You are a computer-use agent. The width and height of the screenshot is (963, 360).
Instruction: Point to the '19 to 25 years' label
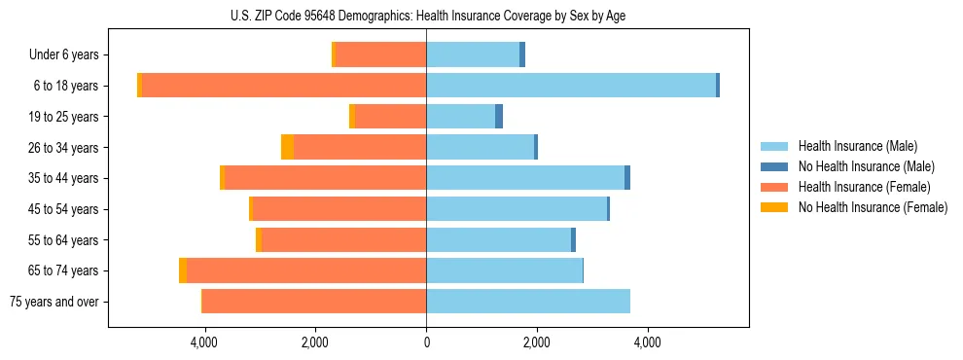pos(64,117)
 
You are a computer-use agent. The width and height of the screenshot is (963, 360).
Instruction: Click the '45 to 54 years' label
pos(64,209)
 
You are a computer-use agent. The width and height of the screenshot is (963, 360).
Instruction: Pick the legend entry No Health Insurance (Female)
pos(872,207)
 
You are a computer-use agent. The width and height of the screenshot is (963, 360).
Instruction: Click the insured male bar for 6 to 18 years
pos(571,86)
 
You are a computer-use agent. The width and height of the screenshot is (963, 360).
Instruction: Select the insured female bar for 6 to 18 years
pos(284,86)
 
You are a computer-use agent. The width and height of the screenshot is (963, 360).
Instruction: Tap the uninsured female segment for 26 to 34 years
pos(287,147)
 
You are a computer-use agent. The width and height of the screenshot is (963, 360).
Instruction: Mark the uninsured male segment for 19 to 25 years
pos(499,117)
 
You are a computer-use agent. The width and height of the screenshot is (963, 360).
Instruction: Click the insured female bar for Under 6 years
pos(381,55)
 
